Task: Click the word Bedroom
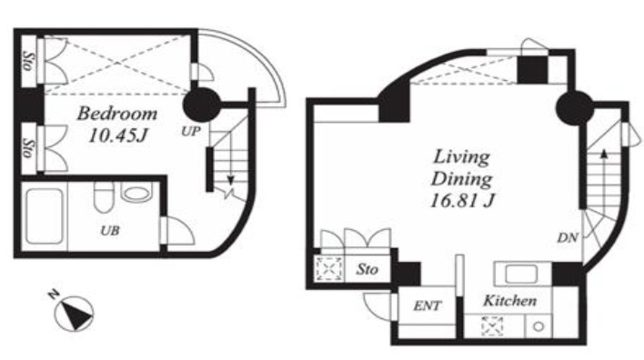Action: [117, 114]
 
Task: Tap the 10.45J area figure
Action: [118, 135]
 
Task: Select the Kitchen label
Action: [509, 301]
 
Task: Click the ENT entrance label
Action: [428, 305]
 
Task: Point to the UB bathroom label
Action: [110, 231]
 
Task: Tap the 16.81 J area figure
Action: [462, 201]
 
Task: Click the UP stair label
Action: [191, 131]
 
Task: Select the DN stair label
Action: [568, 237]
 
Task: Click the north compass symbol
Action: [73, 311]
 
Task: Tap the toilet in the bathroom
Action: [103, 196]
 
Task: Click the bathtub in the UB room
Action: [45, 216]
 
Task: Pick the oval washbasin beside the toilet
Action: [136, 194]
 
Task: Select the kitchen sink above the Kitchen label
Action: [521, 274]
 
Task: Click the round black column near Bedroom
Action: [200, 105]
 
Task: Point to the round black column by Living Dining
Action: [574, 107]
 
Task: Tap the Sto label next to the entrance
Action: [367, 269]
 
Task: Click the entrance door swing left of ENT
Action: [378, 306]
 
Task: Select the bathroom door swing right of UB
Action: [178, 231]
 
